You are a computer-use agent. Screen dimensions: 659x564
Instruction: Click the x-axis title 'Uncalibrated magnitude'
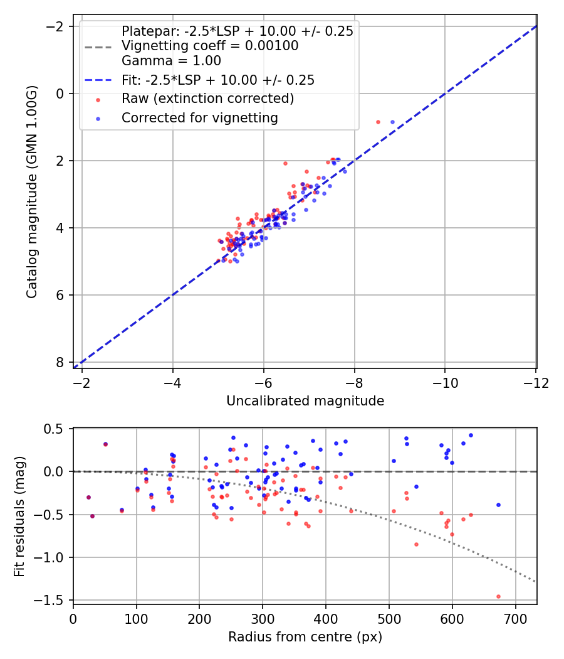pyautogui.click(x=305, y=400)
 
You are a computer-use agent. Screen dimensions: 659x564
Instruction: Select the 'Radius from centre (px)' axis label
pyautogui.click(x=305, y=637)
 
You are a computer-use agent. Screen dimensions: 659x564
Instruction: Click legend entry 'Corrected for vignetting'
pyautogui.click(x=199, y=117)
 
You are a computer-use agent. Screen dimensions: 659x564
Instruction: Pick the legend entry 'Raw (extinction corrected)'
pyautogui.click(x=207, y=99)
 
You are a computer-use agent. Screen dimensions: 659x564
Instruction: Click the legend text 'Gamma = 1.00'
pyautogui.click(x=171, y=61)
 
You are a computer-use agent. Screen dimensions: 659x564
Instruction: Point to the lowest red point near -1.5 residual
pyautogui.click(x=498, y=596)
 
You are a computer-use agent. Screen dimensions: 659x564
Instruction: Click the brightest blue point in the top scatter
pyautogui.click(x=392, y=122)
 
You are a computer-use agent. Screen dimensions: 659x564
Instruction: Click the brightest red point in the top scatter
pyautogui.click(x=378, y=122)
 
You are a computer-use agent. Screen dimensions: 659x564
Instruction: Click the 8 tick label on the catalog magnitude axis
pyautogui.click(x=60, y=362)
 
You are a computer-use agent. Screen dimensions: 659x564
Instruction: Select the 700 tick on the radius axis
pyautogui.click(x=515, y=619)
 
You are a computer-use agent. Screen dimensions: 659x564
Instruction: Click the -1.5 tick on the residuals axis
pyautogui.click(x=55, y=600)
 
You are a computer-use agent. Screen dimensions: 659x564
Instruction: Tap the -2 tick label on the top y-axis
pyautogui.click(x=56, y=26)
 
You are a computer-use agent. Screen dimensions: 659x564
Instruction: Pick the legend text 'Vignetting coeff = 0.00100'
pyautogui.click(x=210, y=46)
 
